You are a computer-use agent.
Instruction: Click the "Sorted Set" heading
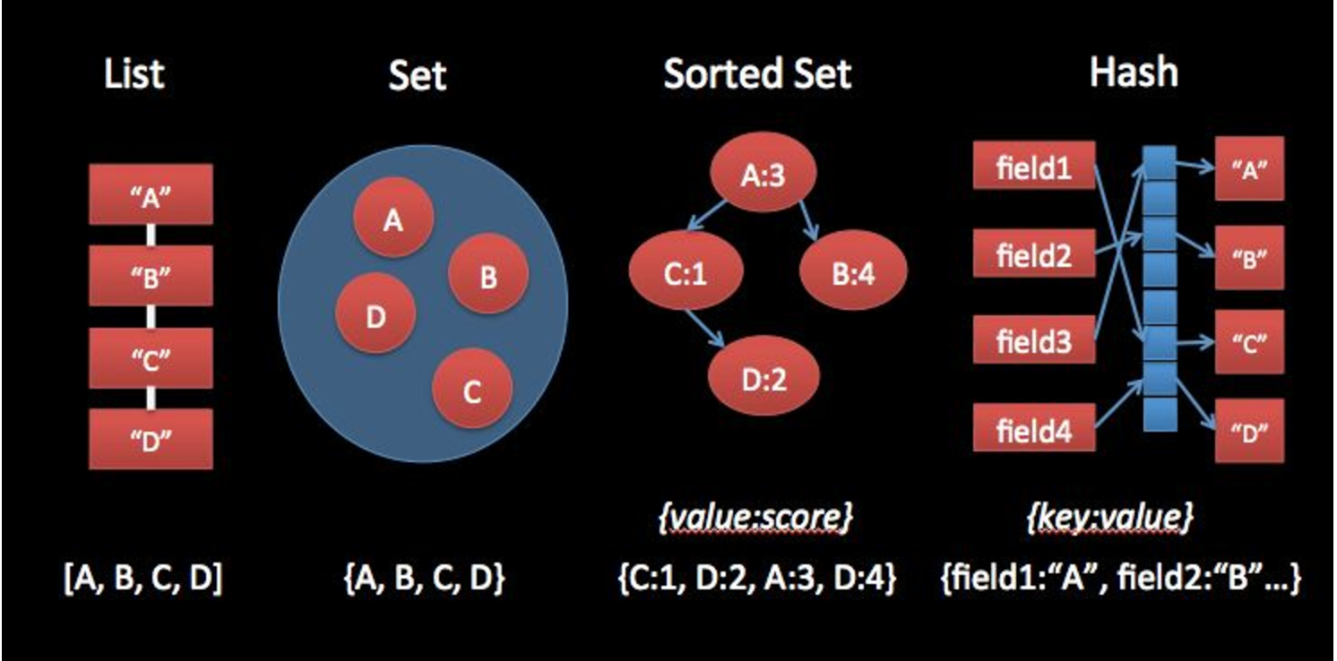point(757,73)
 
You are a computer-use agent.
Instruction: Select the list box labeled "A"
point(151,194)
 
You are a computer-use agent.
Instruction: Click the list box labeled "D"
point(151,439)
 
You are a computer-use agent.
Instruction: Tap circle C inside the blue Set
point(472,390)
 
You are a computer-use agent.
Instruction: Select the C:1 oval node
point(686,274)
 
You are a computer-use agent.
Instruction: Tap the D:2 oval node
point(763,380)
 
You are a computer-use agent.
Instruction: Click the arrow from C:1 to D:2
point(705,330)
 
